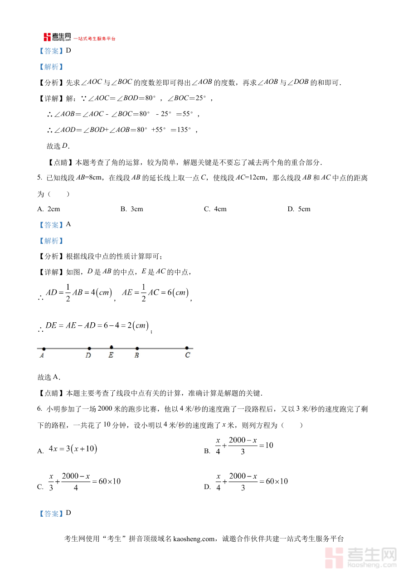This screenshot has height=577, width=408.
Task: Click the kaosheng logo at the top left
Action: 57,38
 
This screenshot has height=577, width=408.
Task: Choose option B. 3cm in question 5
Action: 132,209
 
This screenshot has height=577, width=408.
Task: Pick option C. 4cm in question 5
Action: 215,209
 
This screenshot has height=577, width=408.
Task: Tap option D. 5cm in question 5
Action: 299,209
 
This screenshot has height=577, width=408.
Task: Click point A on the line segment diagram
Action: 44,349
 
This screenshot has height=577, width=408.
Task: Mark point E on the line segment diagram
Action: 112,348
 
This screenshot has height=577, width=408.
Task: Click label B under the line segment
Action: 136,356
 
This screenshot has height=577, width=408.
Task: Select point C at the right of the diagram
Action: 187,349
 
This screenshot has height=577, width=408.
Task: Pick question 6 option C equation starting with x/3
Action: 84,481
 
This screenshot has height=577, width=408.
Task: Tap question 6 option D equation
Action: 252,481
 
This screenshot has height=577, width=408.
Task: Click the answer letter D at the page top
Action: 68,51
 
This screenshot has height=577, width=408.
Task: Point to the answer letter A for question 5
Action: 68,224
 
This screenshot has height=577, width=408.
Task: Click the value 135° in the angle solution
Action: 184,130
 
